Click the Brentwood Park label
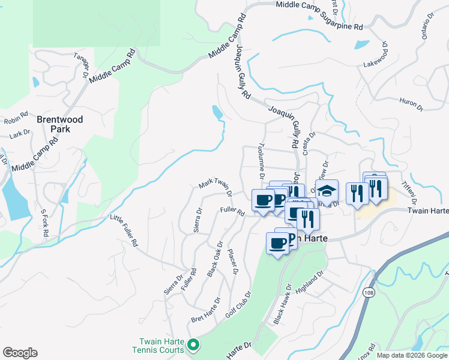coord(60,124)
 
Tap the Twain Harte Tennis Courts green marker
coord(193,344)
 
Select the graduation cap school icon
coord(327,191)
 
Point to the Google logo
coord(20,353)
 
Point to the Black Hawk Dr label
coord(283,304)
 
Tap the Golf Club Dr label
coord(238,305)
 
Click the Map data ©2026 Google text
coord(411,355)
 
